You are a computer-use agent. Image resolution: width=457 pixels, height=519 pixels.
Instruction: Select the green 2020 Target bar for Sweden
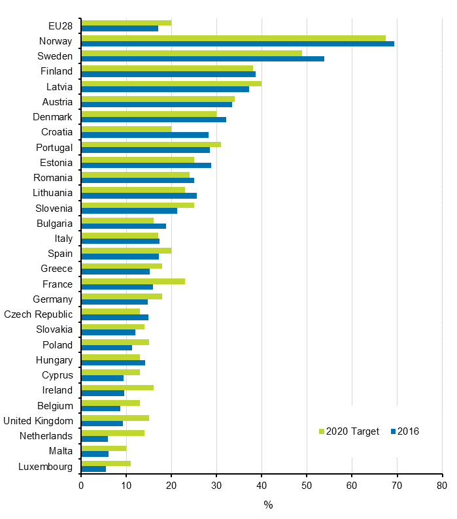[x=192, y=53]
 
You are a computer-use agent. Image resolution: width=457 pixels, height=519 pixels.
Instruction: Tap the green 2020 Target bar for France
[x=133, y=281]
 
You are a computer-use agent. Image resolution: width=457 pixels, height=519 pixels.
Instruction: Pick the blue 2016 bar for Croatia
[x=144, y=135]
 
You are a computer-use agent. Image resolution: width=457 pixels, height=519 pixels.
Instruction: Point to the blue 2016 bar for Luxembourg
[x=93, y=469]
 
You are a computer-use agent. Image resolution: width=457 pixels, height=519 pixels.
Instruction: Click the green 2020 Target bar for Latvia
[x=171, y=84]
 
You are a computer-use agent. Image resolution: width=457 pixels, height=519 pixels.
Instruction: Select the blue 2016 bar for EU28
[x=120, y=29]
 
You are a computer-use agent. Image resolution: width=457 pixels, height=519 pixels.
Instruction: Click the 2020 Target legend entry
[x=348, y=431]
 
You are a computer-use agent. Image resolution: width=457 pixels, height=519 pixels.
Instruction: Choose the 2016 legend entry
[x=405, y=431]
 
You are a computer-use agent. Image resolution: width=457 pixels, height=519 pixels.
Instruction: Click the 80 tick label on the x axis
[x=442, y=486]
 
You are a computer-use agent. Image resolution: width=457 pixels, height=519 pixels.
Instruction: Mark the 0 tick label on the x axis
[x=81, y=486]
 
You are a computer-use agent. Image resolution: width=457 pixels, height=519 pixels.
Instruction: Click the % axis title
[x=268, y=505]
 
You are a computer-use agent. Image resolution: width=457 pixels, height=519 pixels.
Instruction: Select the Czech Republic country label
[x=39, y=314]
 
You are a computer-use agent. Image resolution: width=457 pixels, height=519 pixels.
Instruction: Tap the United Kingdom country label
[x=39, y=421]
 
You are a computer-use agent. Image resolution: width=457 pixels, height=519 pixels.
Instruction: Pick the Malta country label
[x=60, y=451]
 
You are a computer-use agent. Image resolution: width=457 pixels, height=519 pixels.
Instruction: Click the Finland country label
[x=56, y=71]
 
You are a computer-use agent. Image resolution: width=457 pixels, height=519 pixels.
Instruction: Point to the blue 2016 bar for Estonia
[x=146, y=165]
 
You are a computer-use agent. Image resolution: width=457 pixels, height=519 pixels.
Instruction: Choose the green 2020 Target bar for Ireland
[x=117, y=387]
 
